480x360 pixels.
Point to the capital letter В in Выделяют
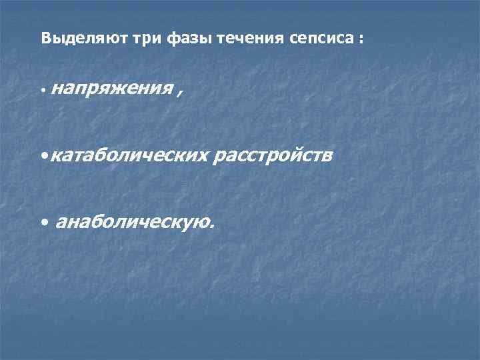click(x=45, y=39)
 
